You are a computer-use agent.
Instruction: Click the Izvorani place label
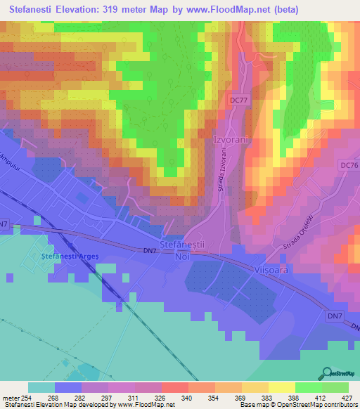pos(231,139)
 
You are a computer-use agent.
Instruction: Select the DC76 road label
pos(349,164)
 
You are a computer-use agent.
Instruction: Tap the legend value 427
pos(348,397)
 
